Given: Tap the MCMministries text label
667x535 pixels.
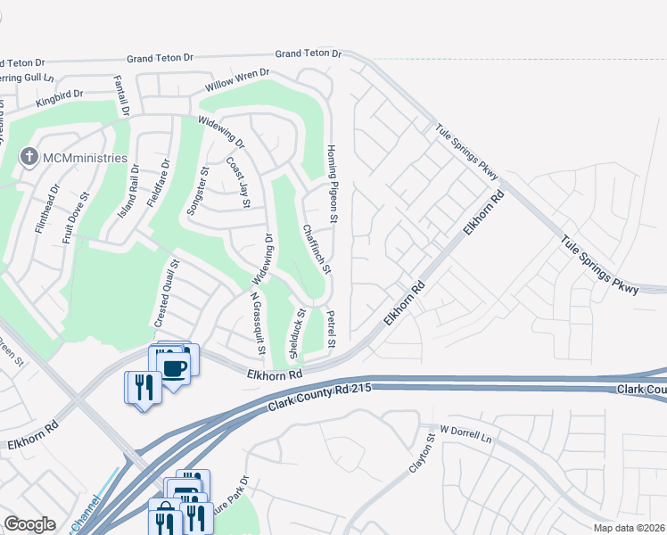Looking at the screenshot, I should (x=85, y=159).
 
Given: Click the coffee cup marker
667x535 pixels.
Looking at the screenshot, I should (x=173, y=367).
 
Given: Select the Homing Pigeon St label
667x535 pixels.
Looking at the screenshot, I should (x=332, y=184).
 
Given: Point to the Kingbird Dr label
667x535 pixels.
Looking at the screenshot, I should (x=60, y=98).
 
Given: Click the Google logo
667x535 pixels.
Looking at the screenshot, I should (x=29, y=524).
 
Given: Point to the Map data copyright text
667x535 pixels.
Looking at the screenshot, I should (x=629, y=528).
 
